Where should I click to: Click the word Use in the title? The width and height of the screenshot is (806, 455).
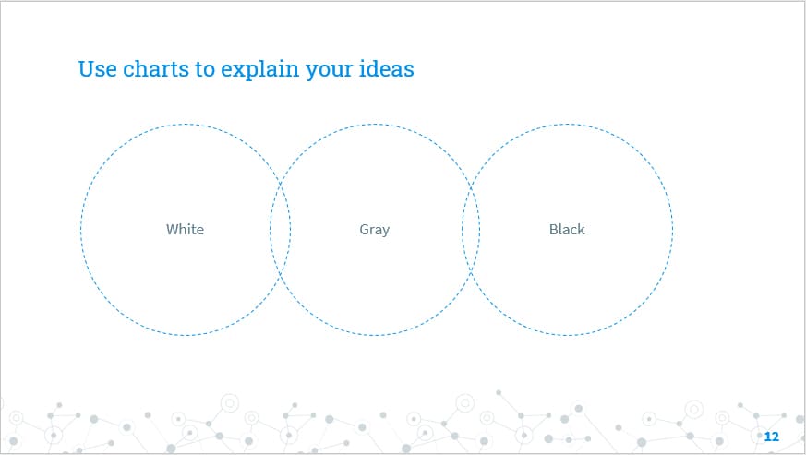coord(97,69)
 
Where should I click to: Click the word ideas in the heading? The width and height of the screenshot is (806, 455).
coord(389,69)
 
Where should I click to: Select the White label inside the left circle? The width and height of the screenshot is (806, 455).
coord(185,230)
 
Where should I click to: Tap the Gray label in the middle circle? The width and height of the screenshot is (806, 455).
coord(375,230)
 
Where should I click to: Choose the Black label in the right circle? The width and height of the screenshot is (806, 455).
coord(567,230)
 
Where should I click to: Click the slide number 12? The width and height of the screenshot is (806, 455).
coord(772,436)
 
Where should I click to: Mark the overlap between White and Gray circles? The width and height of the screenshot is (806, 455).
coord(281,230)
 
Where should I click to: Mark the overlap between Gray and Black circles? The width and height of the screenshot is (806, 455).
coord(471,230)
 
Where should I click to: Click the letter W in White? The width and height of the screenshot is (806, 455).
coord(172,230)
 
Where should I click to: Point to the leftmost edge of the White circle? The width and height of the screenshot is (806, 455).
coord(81,230)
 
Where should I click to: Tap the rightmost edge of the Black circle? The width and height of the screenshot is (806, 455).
coord(672,230)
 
